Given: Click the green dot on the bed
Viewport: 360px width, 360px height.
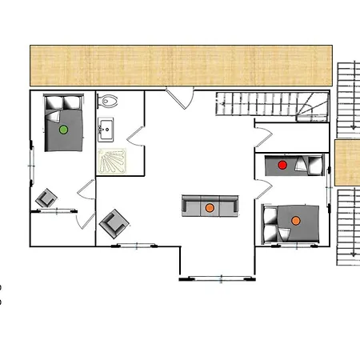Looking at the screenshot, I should [x=63, y=128].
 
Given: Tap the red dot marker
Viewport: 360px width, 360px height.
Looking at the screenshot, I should [x=282, y=165].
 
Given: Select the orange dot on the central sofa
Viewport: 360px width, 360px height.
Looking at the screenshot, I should [x=210, y=208].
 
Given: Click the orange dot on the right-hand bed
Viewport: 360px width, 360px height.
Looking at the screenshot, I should [x=295, y=220].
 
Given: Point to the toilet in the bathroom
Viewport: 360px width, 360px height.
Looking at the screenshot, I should [x=109, y=102].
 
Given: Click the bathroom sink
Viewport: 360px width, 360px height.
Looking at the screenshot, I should [x=107, y=128].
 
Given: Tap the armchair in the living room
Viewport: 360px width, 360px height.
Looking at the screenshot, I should [x=114, y=222].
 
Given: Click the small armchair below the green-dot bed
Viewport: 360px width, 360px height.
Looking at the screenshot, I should [x=46, y=198].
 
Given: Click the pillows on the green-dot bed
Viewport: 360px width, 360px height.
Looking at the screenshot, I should [x=63, y=103].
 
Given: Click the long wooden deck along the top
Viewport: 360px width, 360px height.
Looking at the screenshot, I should [x=181, y=65].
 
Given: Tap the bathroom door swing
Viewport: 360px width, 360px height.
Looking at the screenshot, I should [x=134, y=133].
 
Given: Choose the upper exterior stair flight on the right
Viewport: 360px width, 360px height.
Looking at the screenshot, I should [x=347, y=96].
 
